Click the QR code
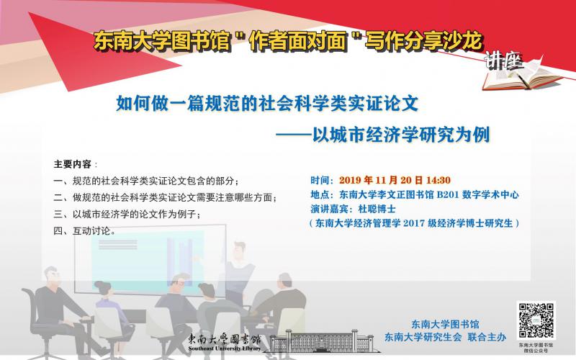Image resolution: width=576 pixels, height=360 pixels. (x=536, y=320)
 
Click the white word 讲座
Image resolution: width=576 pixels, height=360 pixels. (x=503, y=61)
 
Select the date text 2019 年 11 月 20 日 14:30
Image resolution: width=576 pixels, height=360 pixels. (x=395, y=181)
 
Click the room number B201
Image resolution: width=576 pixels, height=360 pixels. (x=447, y=194)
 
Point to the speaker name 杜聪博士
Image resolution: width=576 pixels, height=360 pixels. (x=377, y=209)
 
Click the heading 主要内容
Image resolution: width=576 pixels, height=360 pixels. (x=73, y=164)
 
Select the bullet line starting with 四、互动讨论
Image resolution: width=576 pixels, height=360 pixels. (x=85, y=231)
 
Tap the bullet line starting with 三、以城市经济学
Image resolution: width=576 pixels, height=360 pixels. (x=127, y=214)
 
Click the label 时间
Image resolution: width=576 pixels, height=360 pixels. (x=320, y=181)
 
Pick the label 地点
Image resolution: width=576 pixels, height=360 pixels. (x=320, y=194)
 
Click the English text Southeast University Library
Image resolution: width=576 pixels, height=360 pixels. (x=225, y=348)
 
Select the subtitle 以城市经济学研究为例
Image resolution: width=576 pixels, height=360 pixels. (x=401, y=135)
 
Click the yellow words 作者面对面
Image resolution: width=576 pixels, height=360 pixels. (x=297, y=41)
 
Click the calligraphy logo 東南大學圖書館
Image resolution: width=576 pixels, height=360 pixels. (x=225, y=339)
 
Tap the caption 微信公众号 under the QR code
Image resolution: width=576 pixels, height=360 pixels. (x=536, y=351)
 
